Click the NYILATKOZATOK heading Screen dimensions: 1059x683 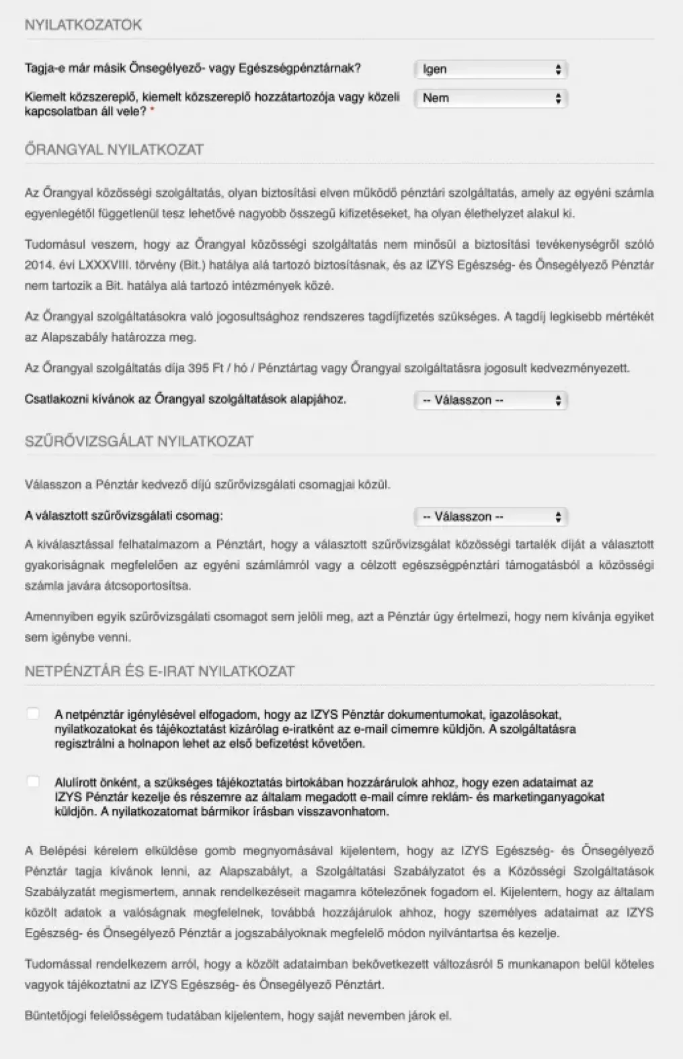coord(83,25)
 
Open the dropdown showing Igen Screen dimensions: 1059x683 coord(491,69)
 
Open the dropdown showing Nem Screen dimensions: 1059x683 coord(491,98)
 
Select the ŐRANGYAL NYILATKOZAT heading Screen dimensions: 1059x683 coord(114,149)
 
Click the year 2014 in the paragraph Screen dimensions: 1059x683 coord(38,265)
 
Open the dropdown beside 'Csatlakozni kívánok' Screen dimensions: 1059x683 coord(491,400)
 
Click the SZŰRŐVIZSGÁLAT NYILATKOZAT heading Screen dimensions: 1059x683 coord(139,441)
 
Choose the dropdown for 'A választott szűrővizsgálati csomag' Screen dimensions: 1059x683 coord(491,516)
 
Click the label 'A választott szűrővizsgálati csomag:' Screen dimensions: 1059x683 coord(124,516)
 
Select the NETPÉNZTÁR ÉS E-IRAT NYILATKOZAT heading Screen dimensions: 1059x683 coord(159,671)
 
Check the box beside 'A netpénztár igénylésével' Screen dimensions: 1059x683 coord(32,714)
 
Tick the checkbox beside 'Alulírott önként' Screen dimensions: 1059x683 coord(32,782)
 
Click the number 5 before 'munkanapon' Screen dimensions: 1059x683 coord(498,964)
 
